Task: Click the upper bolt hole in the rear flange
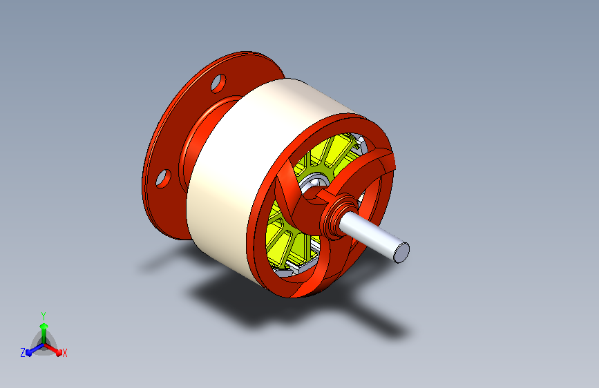click(x=218, y=84)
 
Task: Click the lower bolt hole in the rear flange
click(x=163, y=179)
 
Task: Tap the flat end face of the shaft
click(x=401, y=253)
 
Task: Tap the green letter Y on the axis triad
click(x=44, y=316)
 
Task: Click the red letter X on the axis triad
click(x=65, y=353)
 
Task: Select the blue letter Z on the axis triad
click(x=23, y=353)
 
